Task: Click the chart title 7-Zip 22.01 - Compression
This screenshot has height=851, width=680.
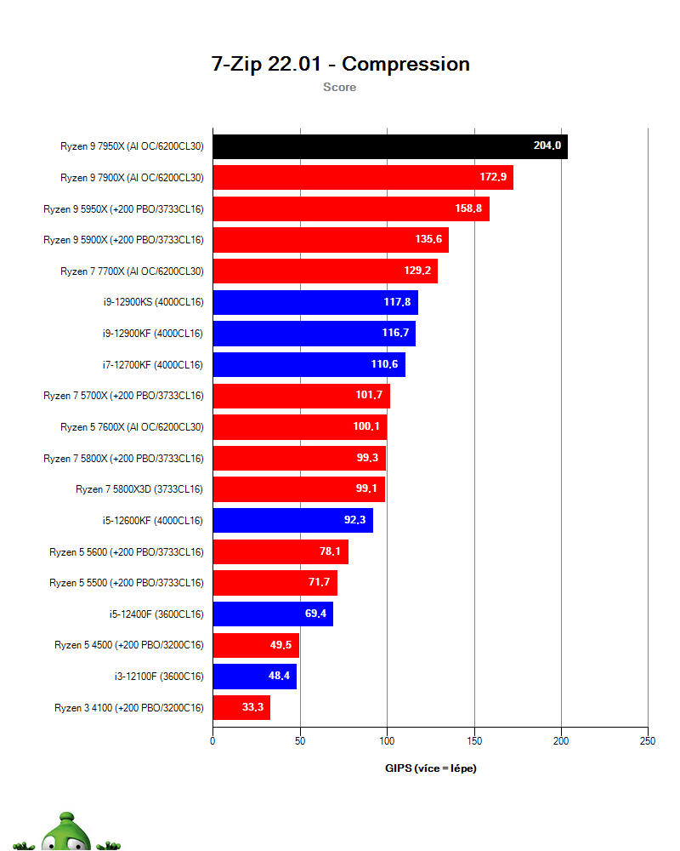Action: pos(340,64)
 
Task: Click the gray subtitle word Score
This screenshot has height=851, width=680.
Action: pos(339,87)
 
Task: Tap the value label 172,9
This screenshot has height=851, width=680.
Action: pos(494,178)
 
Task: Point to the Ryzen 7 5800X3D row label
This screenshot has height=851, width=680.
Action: pos(139,489)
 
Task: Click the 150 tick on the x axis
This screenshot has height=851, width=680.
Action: pos(474,741)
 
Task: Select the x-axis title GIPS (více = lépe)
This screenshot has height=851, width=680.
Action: pos(431,768)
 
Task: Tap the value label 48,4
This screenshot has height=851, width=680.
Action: pos(279,677)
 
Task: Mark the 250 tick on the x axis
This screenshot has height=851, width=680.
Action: pos(648,741)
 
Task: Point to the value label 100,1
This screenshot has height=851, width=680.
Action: pos(367,427)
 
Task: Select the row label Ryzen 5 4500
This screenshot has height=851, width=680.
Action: pos(128,645)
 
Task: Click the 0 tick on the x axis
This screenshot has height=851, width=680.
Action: pos(212,741)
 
